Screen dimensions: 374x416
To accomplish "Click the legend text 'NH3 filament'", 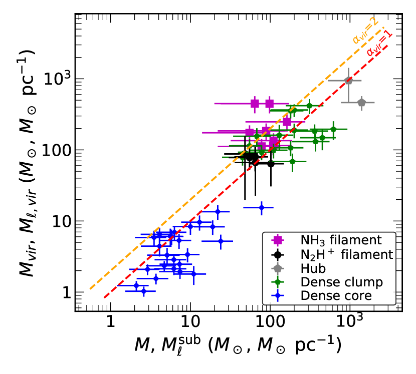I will (x=341, y=240).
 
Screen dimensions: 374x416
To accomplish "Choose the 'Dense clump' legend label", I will (x=341, y=282).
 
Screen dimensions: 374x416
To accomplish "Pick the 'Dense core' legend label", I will (x=336, y=296).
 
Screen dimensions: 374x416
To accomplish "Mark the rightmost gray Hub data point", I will (x=361, y=102).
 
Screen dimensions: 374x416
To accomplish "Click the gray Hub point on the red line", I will (x=348, y=80).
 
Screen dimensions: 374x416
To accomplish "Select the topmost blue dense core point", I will (x=261, y=207).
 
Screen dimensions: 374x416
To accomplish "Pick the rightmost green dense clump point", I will (x=333, y=129).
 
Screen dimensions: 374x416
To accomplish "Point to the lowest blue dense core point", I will (x=143, y=290).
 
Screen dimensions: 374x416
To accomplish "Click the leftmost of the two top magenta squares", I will (x=255, y=103).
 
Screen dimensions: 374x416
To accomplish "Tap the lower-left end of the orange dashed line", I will (x=90, y=289).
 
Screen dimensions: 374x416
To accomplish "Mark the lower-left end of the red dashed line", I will (x=104, y=298).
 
